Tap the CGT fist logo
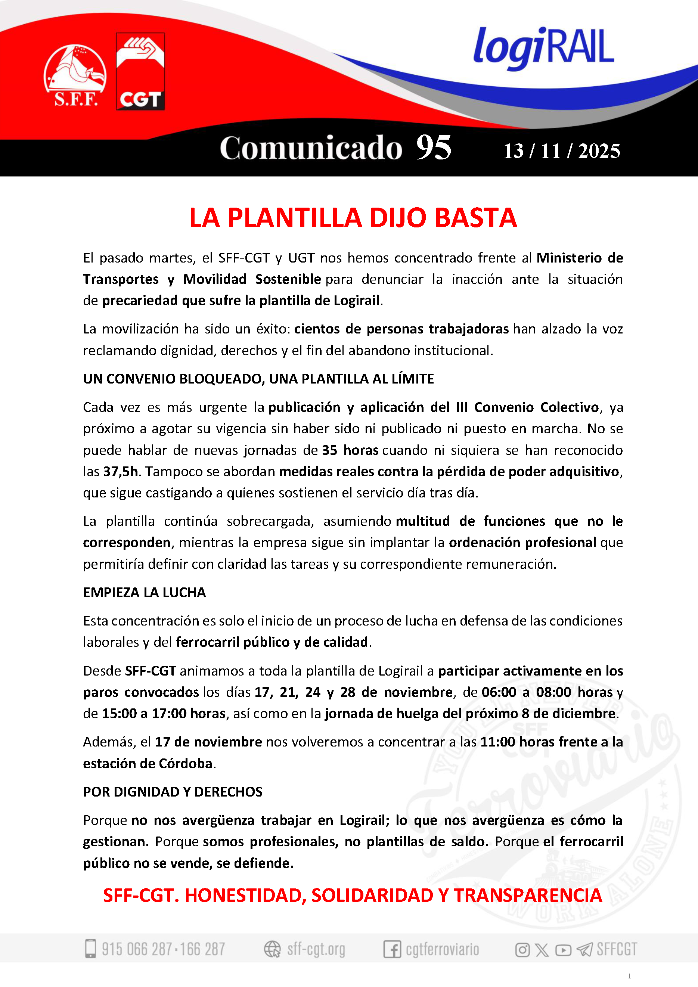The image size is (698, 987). click(140, 71)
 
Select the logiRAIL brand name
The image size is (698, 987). click(543, 47)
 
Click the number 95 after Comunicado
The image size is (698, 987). click(434, 148)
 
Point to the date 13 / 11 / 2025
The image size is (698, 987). click(562, 151)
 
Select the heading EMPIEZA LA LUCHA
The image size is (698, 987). click(145, 592)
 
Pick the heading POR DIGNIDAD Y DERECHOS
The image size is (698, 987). click(173, 792)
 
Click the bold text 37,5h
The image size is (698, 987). click(120, 472)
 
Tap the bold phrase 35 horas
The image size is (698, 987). click(350, 450)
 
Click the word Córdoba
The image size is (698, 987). click(186, 763)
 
